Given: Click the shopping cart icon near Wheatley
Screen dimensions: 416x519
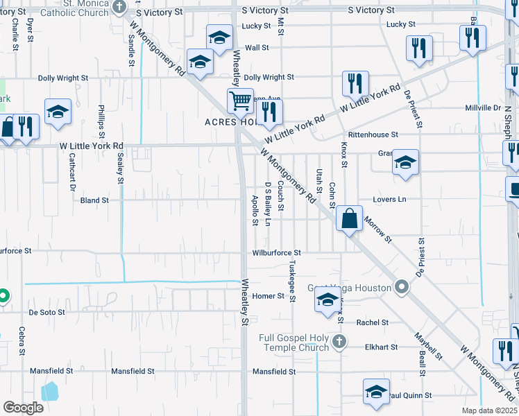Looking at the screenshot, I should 240,101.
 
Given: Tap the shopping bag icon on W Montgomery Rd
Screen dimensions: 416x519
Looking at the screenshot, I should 350,218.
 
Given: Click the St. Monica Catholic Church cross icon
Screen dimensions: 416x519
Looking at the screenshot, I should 120,7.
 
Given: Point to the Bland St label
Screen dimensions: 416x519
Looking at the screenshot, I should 95,200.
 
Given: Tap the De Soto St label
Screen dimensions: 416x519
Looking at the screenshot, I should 47,313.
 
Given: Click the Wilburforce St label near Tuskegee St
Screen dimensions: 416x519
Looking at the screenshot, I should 276,253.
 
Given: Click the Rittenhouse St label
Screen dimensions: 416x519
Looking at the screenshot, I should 373,135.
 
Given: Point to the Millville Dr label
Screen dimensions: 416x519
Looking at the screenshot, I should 483,108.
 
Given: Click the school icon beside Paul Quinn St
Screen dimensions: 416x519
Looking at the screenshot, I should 376,390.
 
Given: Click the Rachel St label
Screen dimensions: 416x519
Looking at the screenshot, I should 373,323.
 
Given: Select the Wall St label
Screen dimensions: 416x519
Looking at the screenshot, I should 257,47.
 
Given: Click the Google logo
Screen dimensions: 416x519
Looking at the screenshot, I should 23,407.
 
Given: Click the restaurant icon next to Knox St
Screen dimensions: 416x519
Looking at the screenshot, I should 355,84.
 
